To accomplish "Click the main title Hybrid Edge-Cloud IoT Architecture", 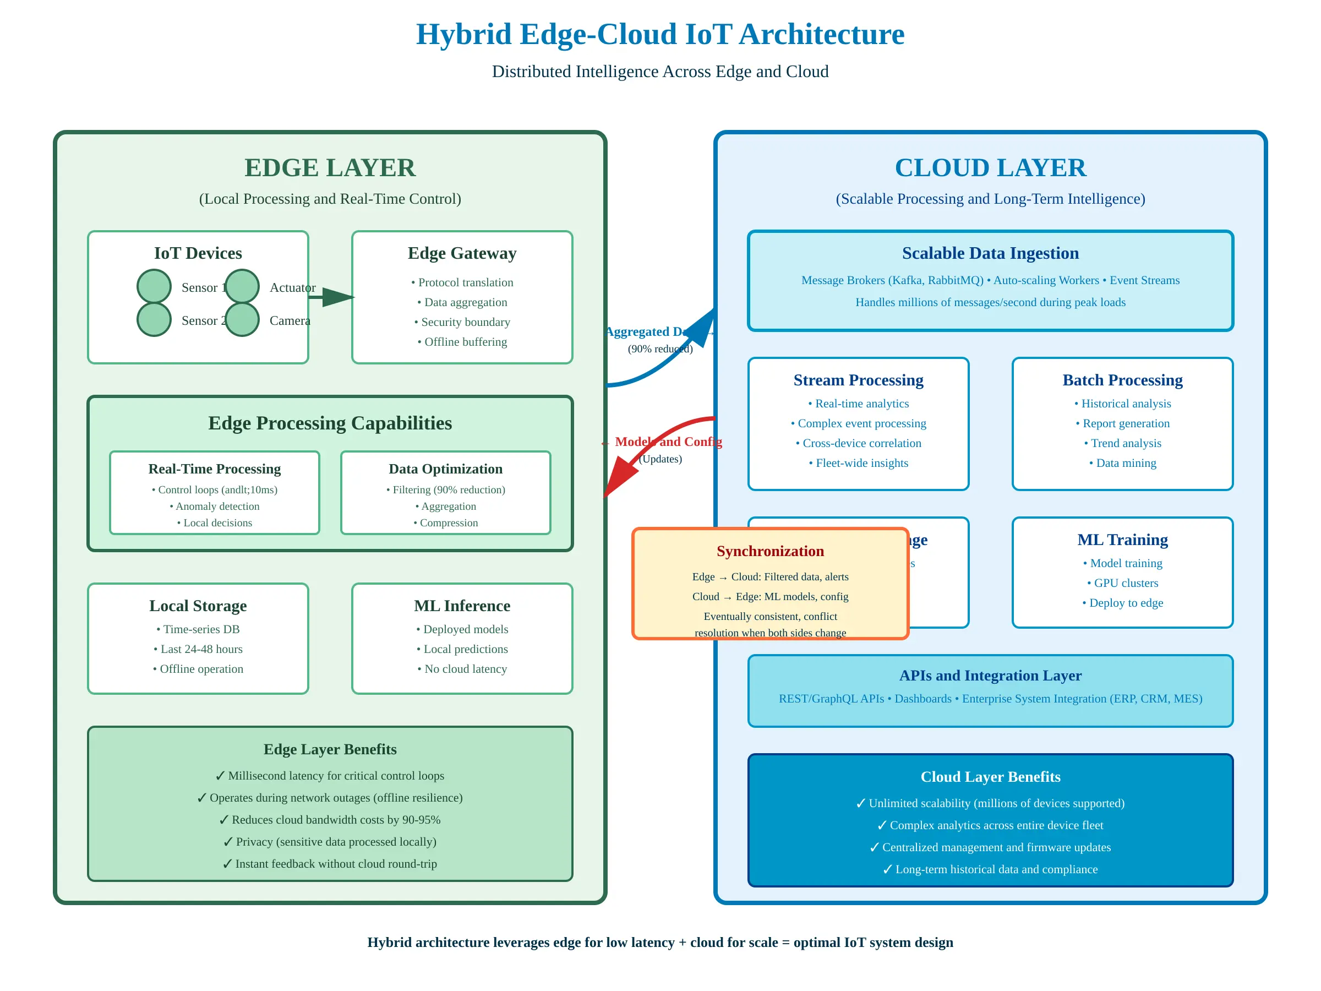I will (x=660, y=34).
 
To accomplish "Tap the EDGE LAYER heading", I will (x=330, y=168).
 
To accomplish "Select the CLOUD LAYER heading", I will (x=990, y=168).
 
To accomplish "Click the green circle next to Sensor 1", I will (x=154, y=286).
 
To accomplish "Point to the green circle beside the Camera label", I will (x=242, y=319).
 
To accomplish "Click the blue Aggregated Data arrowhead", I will (x=705, y=325).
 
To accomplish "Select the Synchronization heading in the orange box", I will (x=770, y=551).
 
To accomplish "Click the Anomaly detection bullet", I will (x=215, y=507).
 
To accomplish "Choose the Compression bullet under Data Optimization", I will (x=445, y=523).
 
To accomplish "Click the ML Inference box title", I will (x=462, y=606).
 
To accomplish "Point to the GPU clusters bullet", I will (x=1122, y=584).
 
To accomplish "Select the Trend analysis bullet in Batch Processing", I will (x=1122, y=444).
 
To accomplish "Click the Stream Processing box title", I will (x=858, y=380).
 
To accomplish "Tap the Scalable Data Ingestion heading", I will (x=990, y=253).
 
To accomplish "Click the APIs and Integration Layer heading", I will (x=990, y=676).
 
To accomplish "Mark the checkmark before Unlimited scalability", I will (x=860, y=803).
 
